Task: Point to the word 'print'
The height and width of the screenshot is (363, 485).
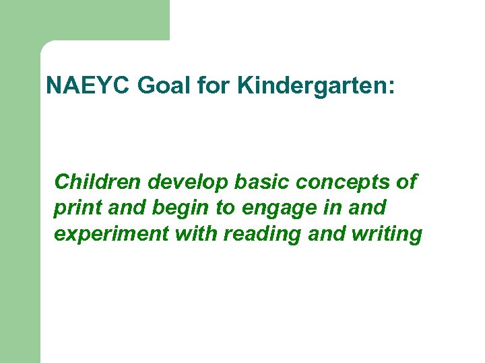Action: point(76,208)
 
